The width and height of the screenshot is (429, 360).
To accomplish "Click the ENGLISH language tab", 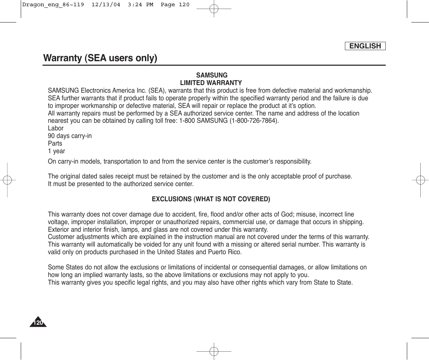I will pos(365,46).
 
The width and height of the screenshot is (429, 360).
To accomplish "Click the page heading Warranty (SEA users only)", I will pos(100,58).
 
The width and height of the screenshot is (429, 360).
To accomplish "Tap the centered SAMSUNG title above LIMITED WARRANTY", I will pos(212,75).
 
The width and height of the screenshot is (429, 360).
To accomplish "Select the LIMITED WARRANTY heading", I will pos(211,83).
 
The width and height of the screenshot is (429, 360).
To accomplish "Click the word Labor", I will pos(56,128).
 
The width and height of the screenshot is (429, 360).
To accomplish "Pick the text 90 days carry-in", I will pos(70,136).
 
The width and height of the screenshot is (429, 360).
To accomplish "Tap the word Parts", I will pos(55,144).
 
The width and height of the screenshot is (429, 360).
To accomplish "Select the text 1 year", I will pos(56,151).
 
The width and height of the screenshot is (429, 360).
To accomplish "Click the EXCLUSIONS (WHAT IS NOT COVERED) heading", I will pos(211,199).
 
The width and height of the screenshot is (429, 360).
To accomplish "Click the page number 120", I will pos(38,323).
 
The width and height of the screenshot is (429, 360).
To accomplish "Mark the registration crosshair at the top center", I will pos(214,9).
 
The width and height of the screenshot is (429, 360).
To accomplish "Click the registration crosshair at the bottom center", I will pos(214,351).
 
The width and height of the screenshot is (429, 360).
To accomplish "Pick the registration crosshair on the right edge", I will pos(420,180).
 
